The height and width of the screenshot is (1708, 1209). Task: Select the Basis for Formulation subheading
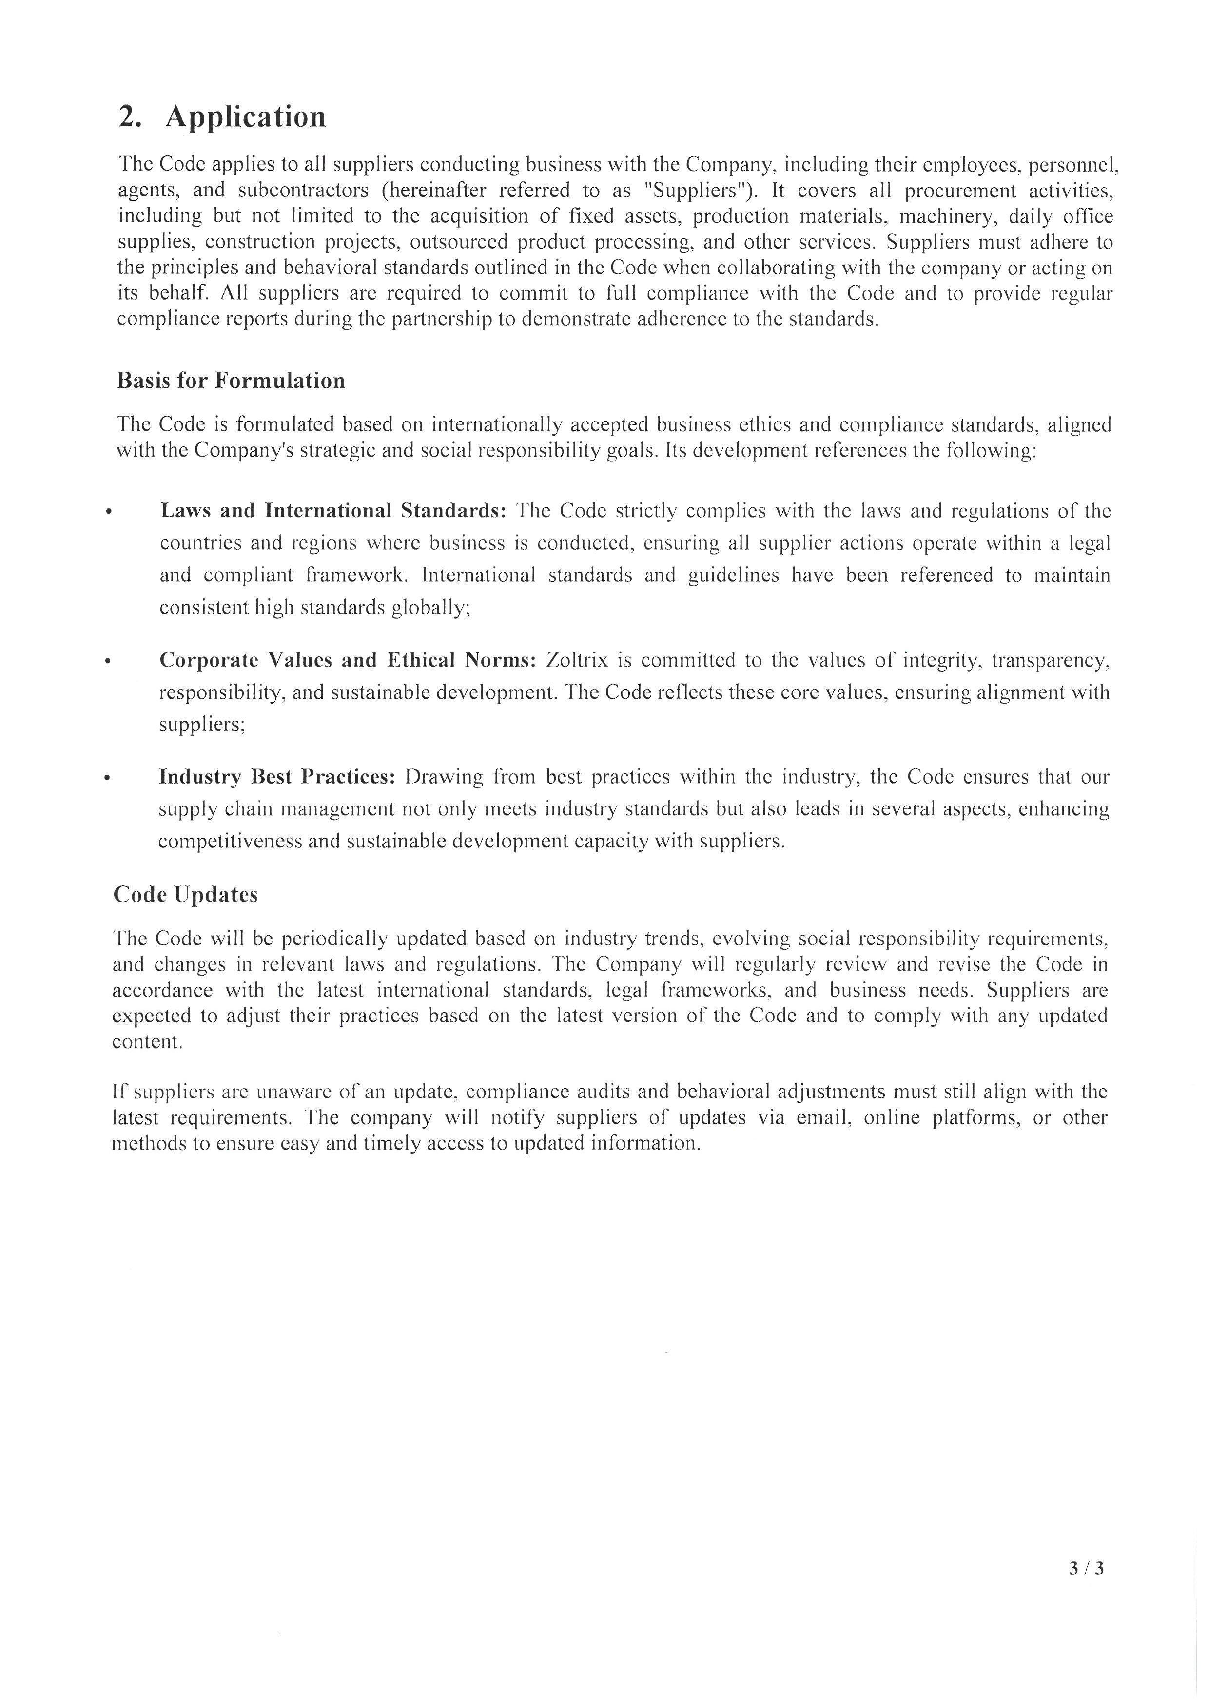pyautogui.click(x=231, y=381)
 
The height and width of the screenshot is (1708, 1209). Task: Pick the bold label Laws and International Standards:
pyautogui.click(x=333, y=511)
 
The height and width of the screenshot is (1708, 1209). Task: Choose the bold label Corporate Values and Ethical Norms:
pyautogui.click(x=348, y=660)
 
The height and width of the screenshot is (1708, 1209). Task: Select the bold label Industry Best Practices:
pyautogui.click(x=277, y=777)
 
